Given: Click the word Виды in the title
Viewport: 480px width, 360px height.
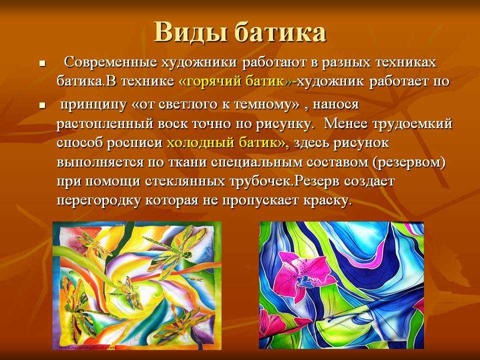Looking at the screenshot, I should coord(183,32).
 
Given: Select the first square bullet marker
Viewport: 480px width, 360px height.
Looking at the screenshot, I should coord(42,64).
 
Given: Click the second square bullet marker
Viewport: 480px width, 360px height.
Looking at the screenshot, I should coord(42,106).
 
